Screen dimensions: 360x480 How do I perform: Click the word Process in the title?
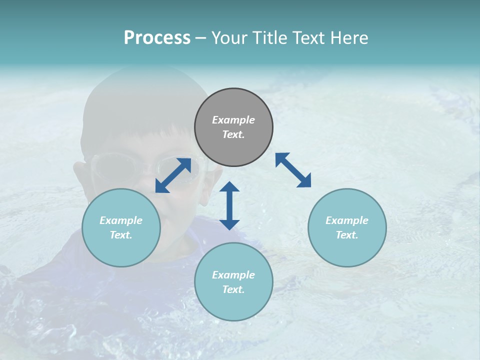click(157, 38)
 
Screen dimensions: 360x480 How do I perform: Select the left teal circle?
click(121, 250)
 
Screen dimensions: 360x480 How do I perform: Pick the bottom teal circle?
click(233, 305)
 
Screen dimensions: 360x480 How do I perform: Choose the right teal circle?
click(347, 250)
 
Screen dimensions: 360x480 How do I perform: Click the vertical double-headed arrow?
click(229, 205)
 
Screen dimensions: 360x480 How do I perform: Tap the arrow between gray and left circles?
click(173, 175)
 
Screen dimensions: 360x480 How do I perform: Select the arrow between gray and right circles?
click(293, 170)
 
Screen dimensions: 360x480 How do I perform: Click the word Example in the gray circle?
click(233, 120)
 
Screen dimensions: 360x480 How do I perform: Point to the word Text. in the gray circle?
click(233, 134)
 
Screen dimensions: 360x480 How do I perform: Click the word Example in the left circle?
click(121, 220)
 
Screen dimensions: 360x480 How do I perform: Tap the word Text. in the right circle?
click(347, 235)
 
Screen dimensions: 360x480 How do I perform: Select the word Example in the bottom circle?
click(233, 275)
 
